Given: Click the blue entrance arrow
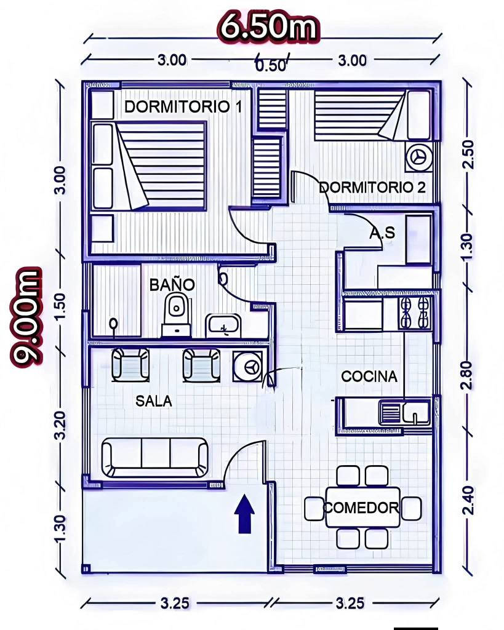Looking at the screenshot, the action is pyautogui.click(x=244, y=514).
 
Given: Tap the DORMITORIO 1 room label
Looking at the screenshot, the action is pyautogui.click(x=183, y=107).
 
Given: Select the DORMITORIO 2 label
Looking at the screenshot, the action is pyautogui.click(x=372, y=187).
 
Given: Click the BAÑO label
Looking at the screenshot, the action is pyautogui.click(x=172, y=284).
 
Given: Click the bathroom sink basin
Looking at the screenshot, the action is pyautogui.click(x=223, y=325).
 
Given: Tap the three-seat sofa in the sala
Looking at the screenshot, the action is pyautogui.click(x=154, y=457).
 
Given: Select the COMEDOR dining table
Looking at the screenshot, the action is pyautogui.click(x=363, y=508).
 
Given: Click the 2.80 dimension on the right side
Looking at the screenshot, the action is pyautogui.click(x=466, y=375).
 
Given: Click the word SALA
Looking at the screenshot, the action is pyautogui.click(x=153, y=401).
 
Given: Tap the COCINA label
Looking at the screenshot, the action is pyautogui.click(x=369, y=377).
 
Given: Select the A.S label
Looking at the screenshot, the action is pyautogui.click(x=382, y=233).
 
